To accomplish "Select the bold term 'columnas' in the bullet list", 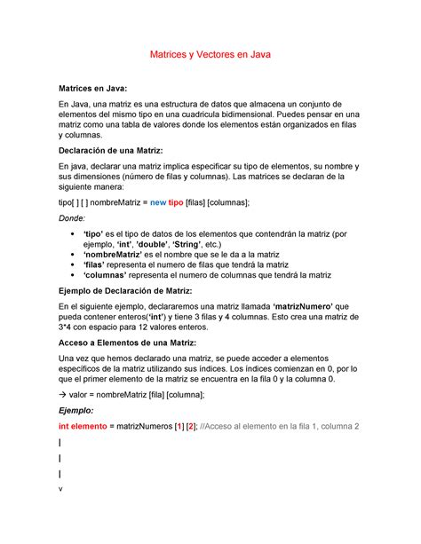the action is pos(111,275).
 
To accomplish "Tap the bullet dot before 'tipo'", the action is pos(72,232).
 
